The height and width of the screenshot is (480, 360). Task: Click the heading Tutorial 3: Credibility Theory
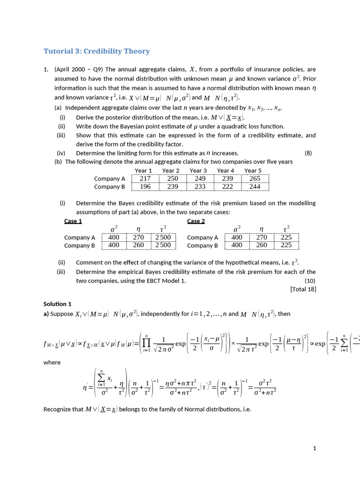[97, 51]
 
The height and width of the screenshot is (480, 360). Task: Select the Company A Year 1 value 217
[145, 179]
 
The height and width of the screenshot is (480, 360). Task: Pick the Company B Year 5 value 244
[255, 187]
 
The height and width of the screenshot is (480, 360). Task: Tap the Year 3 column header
[198, 171]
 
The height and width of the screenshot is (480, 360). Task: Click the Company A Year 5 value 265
[255, 179]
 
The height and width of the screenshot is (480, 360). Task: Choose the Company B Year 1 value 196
[145, 187]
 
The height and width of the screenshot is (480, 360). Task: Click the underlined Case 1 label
[73, 221]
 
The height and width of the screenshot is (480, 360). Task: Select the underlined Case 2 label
[196, 221]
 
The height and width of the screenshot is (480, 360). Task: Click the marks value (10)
[310, 280]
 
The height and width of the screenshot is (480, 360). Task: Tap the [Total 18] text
[303, 289]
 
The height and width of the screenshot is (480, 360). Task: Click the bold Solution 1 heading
[58, 304]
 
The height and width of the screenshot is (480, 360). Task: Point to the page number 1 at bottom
[315, 449]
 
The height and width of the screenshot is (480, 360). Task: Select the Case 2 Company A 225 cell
[286, 238]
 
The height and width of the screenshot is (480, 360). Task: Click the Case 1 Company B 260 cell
[138, 245]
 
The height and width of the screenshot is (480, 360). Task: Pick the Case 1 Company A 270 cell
[138, 238]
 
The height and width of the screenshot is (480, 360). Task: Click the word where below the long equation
[52, 362]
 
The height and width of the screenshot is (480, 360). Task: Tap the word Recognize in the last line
[57, 409]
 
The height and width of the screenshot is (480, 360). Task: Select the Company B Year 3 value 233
[200, 187]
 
